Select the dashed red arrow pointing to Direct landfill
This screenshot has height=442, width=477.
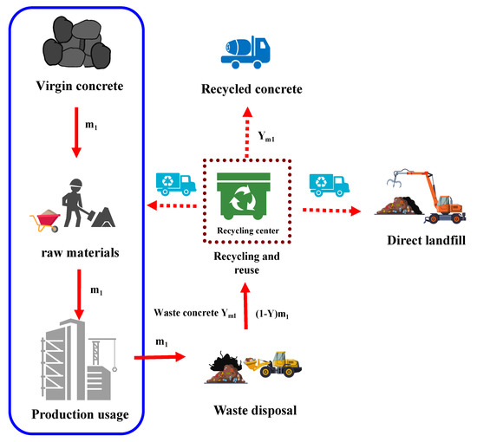coord(329,211)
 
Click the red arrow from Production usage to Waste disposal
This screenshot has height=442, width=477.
coord(160,356)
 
